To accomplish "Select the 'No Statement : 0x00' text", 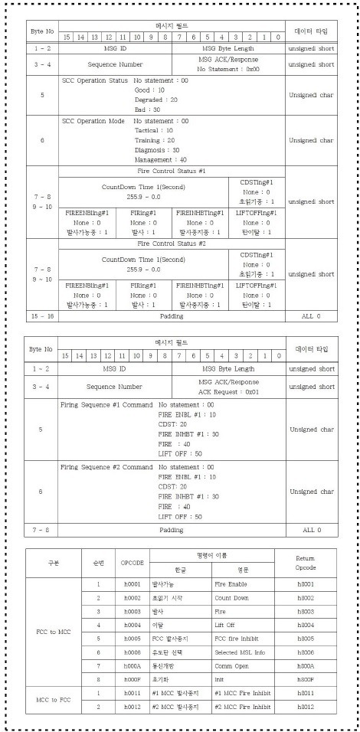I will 230,69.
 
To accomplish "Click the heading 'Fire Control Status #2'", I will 172,243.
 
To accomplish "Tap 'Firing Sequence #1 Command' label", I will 106,404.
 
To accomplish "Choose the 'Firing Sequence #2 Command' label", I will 106,466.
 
